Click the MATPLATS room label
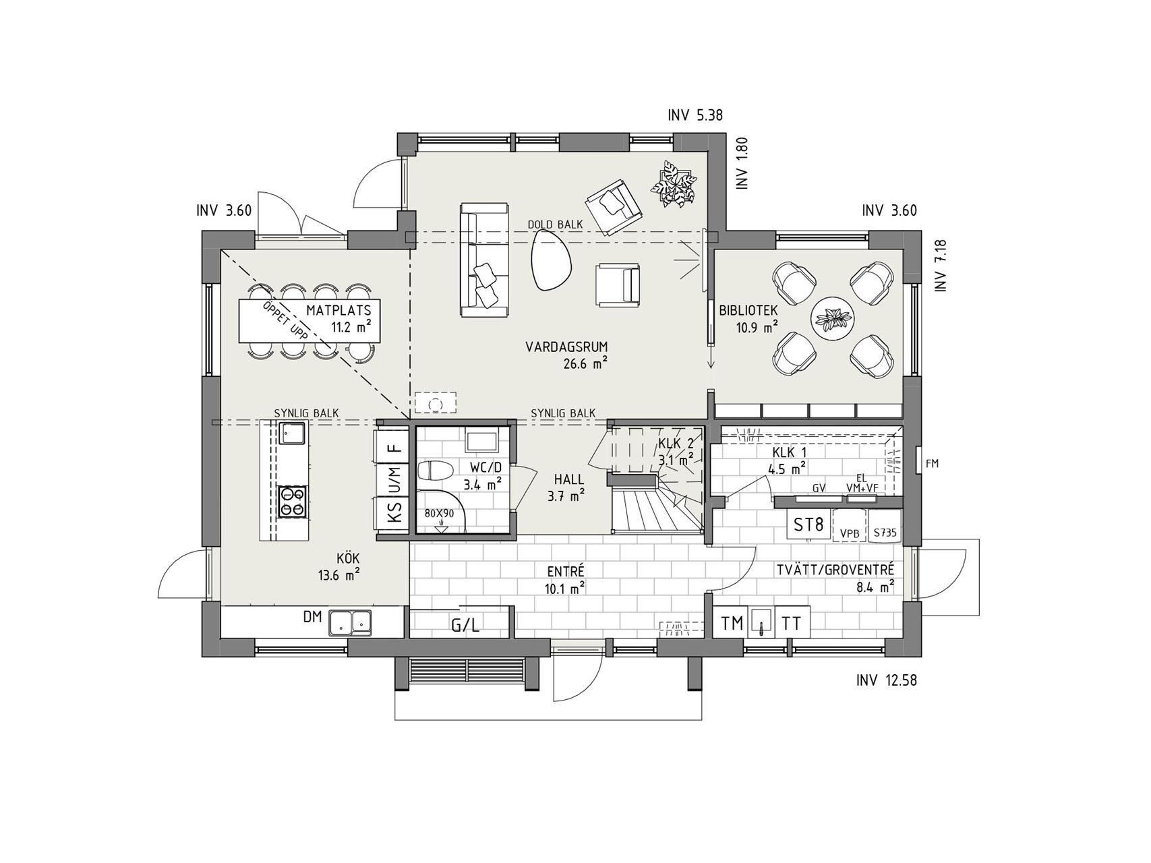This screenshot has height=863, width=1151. click(338, 311)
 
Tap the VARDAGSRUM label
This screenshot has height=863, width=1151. click(567, 347)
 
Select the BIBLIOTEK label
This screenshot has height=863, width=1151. click(748, 311)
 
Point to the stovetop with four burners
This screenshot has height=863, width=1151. click(293, 502)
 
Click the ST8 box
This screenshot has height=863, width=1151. click(808, 524)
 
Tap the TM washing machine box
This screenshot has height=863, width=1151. click(731, 624)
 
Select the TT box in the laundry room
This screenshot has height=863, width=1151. click(792, 624)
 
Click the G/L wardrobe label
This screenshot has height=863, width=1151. click(465, 625)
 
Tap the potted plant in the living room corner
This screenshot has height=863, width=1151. click(673, 180)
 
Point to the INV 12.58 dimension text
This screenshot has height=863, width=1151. click(887, 680)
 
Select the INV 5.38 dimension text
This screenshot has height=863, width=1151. click(695, 115)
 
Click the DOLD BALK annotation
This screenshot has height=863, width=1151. click(555, 225)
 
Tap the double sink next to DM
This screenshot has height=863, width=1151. click(350, 623)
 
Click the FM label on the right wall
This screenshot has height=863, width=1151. click(933, 464)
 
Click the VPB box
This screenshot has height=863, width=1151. click(850, 533)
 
